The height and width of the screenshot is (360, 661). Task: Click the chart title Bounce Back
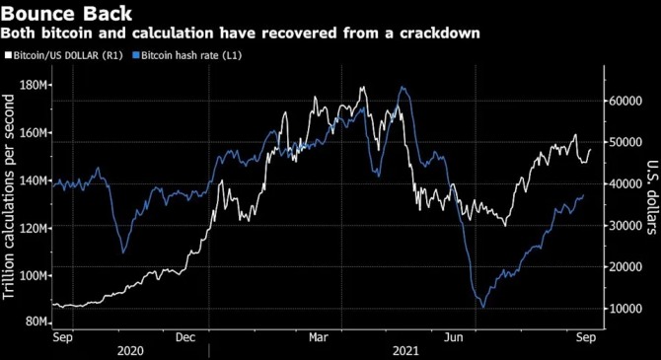67,13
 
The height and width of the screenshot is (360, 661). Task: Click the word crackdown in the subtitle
440,33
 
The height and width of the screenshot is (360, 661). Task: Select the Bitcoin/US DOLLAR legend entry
64,55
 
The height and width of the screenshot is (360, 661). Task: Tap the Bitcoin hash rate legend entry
187,55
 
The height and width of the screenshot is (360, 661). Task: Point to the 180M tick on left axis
34,85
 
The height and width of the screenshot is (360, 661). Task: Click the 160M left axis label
34,133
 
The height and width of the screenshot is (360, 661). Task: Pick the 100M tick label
34,276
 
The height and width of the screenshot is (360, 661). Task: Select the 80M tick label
37,322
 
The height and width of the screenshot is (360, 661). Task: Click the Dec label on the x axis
185,337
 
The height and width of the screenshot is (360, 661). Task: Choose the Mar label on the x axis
319,337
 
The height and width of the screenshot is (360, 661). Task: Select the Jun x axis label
454,337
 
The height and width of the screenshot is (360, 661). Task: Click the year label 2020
130,351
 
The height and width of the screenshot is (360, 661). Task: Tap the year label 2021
405,351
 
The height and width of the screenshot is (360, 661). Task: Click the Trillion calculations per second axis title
9,197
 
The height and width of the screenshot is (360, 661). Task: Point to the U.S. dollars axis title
652,197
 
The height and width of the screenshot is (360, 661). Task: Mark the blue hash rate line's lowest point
483,308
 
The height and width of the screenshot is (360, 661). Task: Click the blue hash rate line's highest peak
403,87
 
